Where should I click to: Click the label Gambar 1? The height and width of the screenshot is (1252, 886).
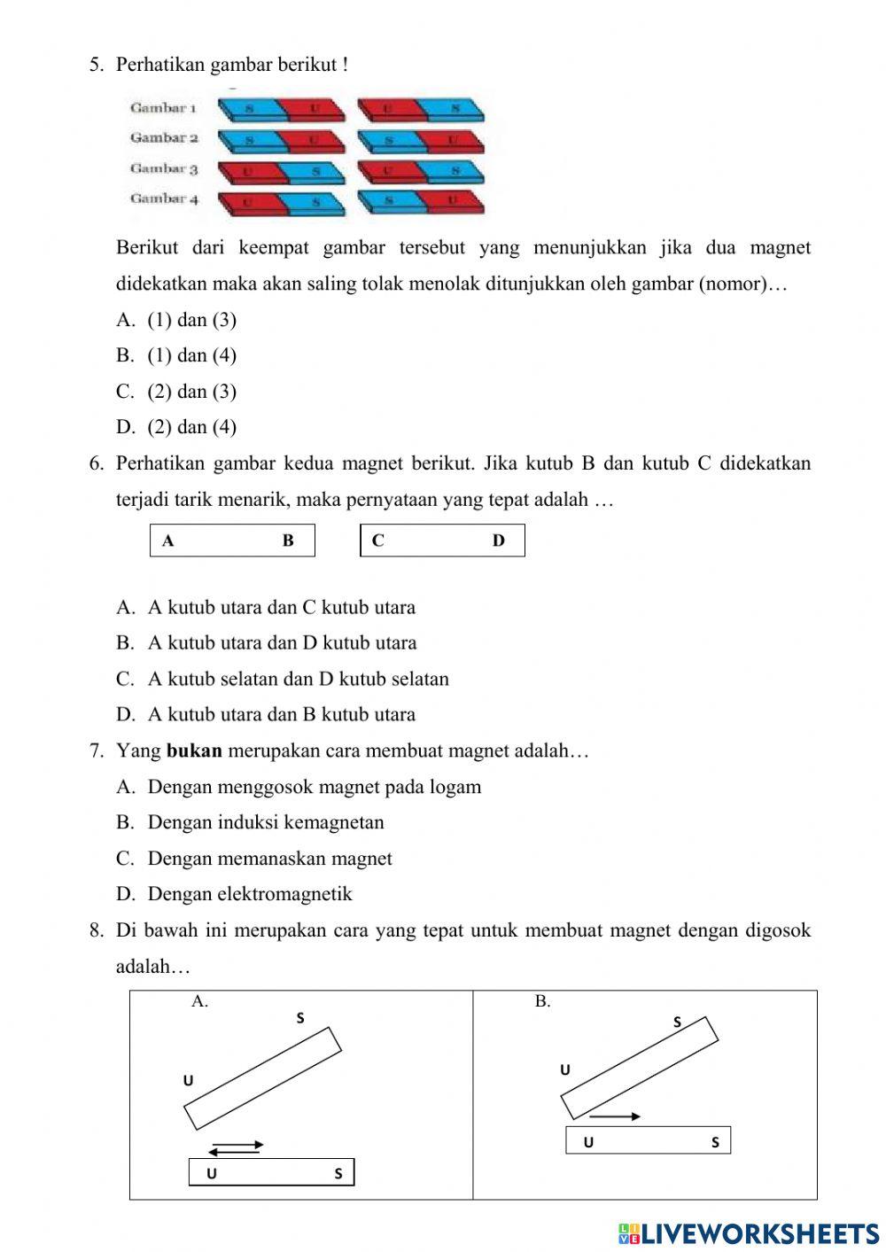[x=163, y=108]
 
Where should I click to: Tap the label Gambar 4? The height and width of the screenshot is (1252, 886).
[x=164, y=198]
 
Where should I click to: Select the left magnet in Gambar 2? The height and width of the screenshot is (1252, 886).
[x=282, y=141]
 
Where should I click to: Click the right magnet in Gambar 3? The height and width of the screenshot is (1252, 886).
[x=421, y=171]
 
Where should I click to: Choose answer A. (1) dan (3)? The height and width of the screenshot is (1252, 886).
[x=176, y=320]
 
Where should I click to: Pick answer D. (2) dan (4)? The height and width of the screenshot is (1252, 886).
[x=176, y=427]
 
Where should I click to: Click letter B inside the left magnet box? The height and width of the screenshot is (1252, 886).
[x=288, y=540]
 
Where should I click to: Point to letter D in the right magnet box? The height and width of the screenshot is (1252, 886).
[x=498, y=540]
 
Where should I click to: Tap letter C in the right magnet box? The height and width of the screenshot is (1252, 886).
[x=378, y=540]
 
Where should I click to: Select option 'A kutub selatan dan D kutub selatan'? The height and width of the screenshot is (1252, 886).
[x=298, y=679]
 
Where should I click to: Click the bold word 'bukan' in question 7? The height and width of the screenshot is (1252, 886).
[x=194, y=751]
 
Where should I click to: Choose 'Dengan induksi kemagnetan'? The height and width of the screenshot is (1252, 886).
[x=265, y=822]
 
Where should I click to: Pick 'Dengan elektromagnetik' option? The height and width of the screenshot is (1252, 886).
[x=249, y=894]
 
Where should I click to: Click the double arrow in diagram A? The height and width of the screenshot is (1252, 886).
[x=236, y=1147]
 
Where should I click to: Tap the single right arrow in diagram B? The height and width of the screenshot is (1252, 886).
[x=615, y=1116]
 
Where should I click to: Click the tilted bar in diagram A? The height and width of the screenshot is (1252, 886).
[x=263, y=1077]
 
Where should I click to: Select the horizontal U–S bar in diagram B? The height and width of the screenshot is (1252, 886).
[x=648, y=1140]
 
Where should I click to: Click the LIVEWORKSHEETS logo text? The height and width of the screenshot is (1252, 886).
[x=750, y=1233]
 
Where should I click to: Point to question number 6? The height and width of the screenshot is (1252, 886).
[x=97, y=463]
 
